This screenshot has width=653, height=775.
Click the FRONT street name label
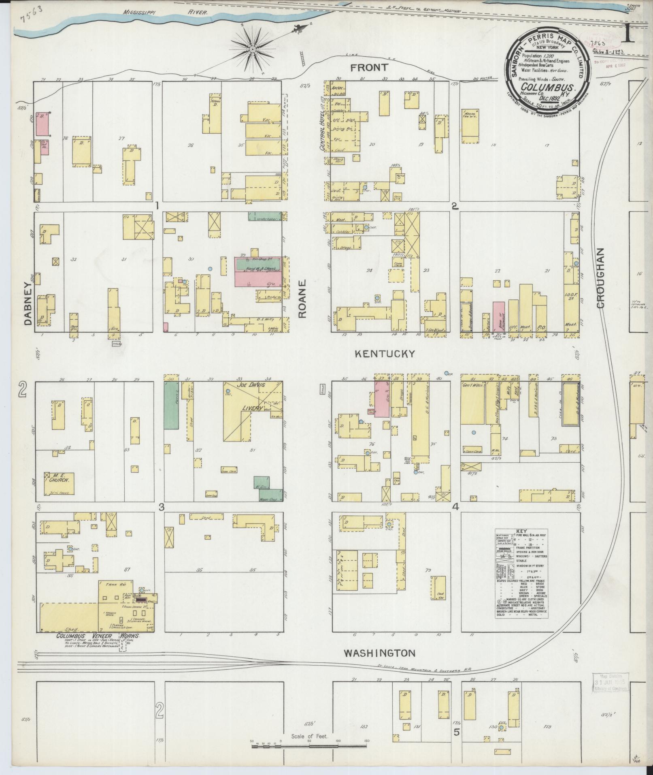click(x=369, y=67)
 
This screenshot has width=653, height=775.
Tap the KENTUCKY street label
click(x=385, y=354)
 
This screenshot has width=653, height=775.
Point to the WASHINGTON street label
click(x=379, y=653)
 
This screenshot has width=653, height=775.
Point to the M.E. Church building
click(x=59, y=483)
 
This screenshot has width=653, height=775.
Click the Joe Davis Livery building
click(x=253, y=407)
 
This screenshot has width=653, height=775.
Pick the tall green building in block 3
click(x=171, y=405)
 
